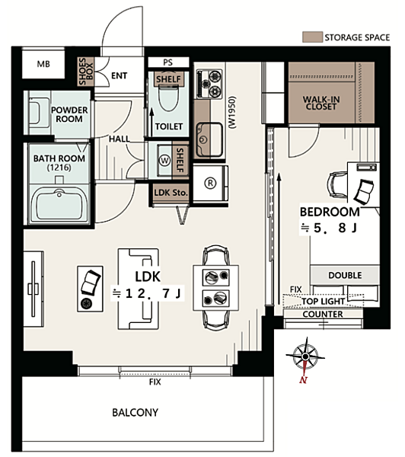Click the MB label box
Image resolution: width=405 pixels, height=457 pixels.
tap(43, 64)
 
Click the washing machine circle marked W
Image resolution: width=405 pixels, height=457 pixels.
tap(165, 160)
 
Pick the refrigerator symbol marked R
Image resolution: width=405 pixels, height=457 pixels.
tap(210, 183)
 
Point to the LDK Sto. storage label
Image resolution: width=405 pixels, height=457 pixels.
tap(171, 193)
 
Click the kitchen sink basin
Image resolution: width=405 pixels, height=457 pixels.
tap(209, 139)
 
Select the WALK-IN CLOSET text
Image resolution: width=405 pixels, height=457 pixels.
tap(321, 103)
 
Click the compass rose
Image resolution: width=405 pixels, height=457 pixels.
tap(305, 356)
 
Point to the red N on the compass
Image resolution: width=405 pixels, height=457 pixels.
tap(303, 380)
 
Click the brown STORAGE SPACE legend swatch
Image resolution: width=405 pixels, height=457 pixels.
tap(312, 37)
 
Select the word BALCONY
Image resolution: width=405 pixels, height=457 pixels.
tap(136, 412)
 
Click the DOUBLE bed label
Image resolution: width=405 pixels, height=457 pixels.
tap(345, 275)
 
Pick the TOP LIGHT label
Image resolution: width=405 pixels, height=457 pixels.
tap(323, 302)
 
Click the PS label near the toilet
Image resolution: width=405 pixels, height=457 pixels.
tap(167, 62)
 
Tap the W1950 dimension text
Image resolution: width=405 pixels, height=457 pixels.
tap(233, 112)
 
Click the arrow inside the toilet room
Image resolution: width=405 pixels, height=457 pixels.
tap(151, 123)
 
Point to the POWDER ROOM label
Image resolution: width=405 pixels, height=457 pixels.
tap(69, 114)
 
